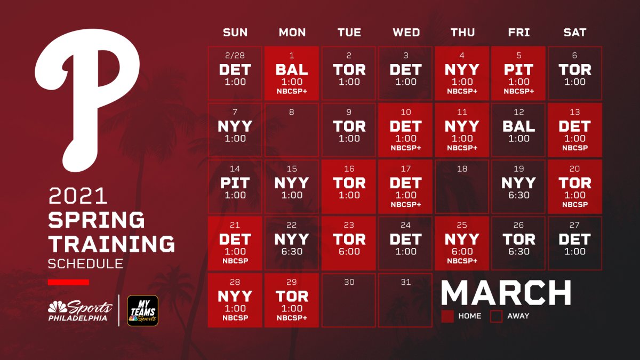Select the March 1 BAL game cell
click(x=292, y=73)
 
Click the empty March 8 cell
click(x=292, y=130)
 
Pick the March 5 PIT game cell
click(x=518, y=73)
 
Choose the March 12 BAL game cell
click(x=518, y=130)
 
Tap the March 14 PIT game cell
click(x=235, y=186)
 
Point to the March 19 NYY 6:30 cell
click(x=518, y=186)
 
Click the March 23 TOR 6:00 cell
click(x=349, y=243)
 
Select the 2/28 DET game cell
click(x=235, y=73)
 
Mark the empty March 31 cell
click(x=405, y=300)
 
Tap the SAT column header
click(x=575, y=33)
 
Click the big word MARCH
click(x=506, y=293)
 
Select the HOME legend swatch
click(x=447, y=316)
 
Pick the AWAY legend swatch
click(x=497, y=316)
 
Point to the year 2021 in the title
click(x=78, y=196)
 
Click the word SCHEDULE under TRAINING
click(x=85, y=263)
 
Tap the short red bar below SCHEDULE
click(x=68, y=282)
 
